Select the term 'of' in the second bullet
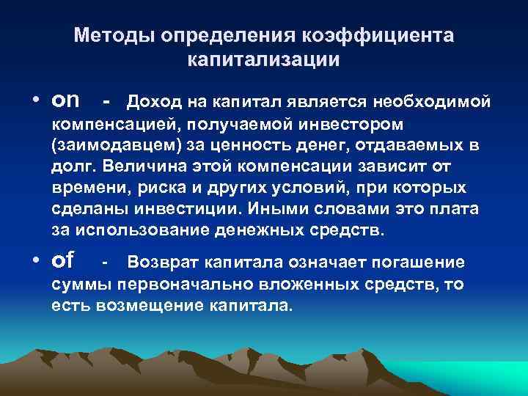point(63,261)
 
